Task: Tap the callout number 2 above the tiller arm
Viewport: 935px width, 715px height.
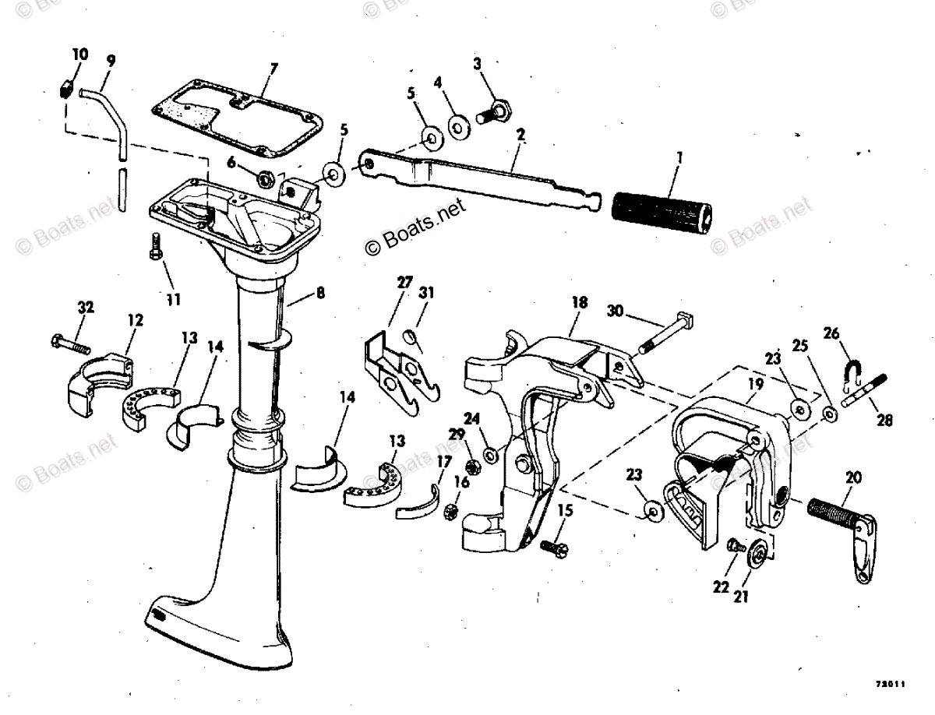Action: (520, 134)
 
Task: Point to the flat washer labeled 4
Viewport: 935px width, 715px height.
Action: (459, 125)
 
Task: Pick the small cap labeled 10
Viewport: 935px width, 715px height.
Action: (66, 86)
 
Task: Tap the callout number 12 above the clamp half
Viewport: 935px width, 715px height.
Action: (136, 319)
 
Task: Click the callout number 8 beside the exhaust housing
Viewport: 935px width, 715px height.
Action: (320, 294)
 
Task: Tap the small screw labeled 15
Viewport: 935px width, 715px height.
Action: (556, 547)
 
